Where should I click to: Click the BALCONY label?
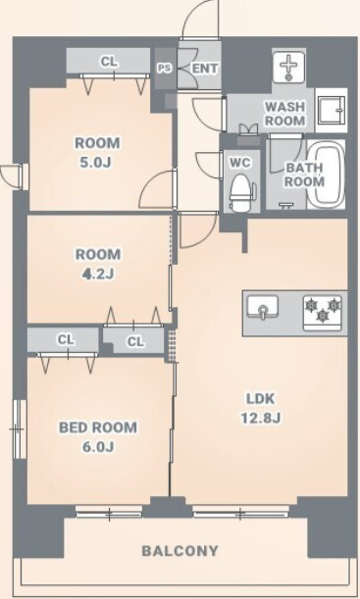(x=180, y=551)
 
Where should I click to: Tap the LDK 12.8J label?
(x=261, y=409)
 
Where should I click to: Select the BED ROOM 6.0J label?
(x=98, y=436)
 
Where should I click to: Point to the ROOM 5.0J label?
(x=97, y=153)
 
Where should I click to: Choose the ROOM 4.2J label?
(x=98, y=264)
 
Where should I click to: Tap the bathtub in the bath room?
(x=327, y=174)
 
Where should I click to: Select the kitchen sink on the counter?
(x=262, y=307)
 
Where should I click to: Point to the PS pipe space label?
(x=165, y=69)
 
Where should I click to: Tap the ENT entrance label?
(x=205, y=69)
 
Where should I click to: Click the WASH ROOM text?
(x=284, y=114)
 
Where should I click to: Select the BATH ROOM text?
(x=304, y=175)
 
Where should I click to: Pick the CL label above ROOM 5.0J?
(x=109, y=61)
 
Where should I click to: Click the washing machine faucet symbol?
(x=289, y=67)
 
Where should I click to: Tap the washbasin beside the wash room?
(x=332, y=110)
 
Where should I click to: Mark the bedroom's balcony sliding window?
(x=109, y=512)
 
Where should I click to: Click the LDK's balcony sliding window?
(x=240, y=512)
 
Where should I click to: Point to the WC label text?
(x=240, y=163)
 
